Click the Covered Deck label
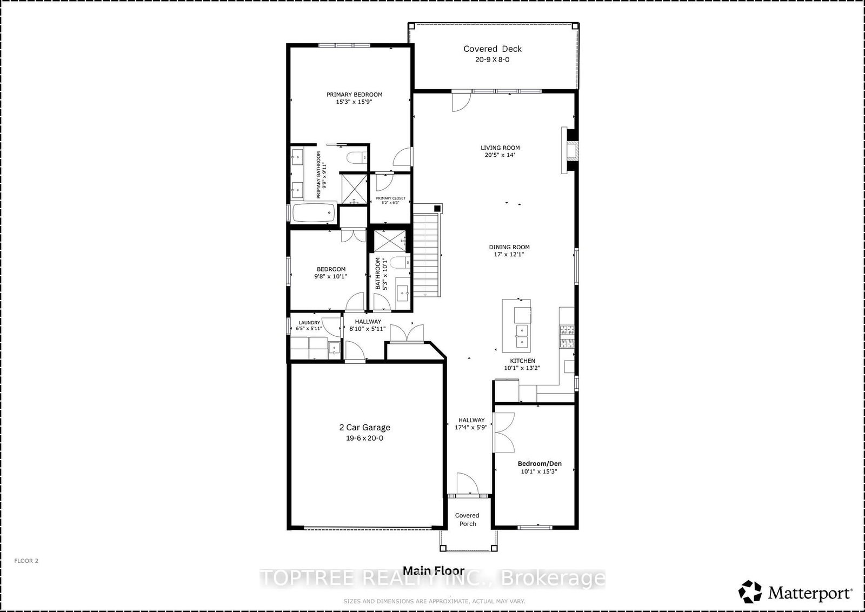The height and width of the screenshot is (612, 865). [493, 49]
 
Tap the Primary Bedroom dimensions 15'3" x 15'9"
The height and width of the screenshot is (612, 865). [354, 102]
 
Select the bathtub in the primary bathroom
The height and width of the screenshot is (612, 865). [314, 213]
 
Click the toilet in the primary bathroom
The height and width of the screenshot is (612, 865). [356, 158]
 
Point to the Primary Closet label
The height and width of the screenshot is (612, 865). [390, 198]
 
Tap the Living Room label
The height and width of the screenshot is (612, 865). [500, 148]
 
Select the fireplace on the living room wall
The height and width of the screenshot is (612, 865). [570, 150]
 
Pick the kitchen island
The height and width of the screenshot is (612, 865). [516, 326]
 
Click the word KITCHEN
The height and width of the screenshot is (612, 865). [522, 361]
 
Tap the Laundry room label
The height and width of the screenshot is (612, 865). [309, 322]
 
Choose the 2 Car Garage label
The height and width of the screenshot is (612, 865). [364, 428]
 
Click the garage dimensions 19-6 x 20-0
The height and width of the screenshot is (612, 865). [364, 438]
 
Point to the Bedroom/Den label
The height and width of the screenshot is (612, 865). [540, 464]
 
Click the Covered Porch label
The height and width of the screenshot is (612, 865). [467, 520]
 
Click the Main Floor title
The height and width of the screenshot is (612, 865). [433, 571]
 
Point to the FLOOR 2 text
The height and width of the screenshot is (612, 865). [26, 561]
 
